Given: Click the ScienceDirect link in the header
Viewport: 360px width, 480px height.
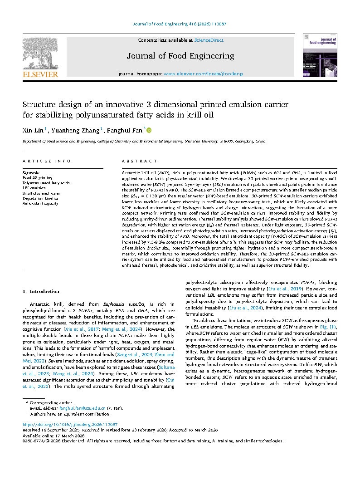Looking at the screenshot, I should (x=209, y=40).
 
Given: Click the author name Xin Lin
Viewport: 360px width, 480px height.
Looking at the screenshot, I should (x=33, y=131).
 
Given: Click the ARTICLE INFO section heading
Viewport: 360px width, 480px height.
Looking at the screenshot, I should (x=47, y=161).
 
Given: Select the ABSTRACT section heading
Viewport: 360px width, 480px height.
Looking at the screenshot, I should (x=140, y=161).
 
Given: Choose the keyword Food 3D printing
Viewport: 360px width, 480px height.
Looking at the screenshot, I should (x=37, y=178).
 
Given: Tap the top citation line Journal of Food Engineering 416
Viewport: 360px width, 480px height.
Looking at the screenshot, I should (x=180, y=24).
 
